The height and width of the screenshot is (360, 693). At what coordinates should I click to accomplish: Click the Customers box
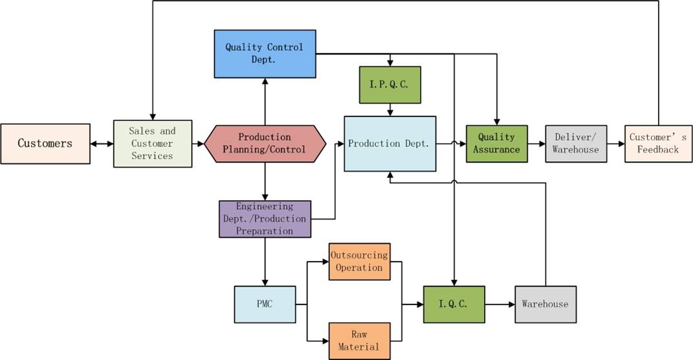click(45, 143)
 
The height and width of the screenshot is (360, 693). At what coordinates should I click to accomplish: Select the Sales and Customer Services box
click(153, 143)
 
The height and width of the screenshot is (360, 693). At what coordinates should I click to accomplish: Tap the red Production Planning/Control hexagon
click(265, 143)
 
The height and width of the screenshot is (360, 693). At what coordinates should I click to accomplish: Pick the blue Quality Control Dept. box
click(265, 53)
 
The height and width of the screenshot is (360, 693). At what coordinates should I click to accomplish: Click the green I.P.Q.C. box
click(390, 85)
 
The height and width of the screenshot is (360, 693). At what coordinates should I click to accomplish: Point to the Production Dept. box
click(390, 144)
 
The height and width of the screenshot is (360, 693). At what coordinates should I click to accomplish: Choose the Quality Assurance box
click(496, 143)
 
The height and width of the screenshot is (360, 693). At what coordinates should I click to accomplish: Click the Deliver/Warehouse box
click(576, 143)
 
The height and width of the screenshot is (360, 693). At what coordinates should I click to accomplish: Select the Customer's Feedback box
click(658, 143)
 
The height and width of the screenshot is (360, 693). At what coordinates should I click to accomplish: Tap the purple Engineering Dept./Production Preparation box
click(265, 219)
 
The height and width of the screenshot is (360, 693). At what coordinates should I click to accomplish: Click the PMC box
click(265, 304)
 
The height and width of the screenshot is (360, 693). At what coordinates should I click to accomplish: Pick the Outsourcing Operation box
click(359, 262)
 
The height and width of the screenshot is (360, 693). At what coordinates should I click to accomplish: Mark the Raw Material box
click(359, 341)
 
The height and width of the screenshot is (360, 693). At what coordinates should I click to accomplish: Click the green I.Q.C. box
click(454, 304)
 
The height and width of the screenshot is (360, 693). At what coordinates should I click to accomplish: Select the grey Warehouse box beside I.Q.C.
click(545, 304)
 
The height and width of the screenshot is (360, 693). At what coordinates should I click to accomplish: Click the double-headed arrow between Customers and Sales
click(102, 143)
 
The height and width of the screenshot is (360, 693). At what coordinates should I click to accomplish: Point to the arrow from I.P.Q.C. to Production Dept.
click(390, 110)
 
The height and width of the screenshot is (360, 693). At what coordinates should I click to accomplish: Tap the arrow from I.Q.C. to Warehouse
click(500, 304)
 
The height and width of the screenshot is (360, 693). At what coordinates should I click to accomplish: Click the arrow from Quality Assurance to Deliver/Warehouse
click(536, 143)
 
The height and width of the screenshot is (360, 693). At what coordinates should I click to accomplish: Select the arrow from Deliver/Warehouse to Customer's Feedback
click(616, 143)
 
